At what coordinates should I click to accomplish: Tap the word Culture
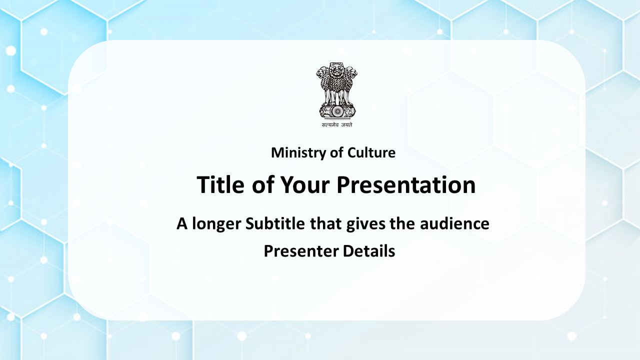click(371, 152)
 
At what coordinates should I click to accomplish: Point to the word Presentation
click(406, 185)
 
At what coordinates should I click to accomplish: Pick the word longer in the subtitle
click(216, 223)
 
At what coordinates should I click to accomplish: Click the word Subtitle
click(275, 223)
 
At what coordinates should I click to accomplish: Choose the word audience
click(454, 223)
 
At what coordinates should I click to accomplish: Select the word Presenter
click(301, 251)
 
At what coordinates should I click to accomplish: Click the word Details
click(369, 251)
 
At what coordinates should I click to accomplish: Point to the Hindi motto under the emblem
click(337, 125)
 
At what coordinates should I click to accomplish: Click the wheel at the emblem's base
click(337, 111)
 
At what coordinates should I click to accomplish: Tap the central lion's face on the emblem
click(336, 70)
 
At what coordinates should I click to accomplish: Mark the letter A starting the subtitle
click(182, 223)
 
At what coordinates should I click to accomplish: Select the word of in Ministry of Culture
click(336, 152)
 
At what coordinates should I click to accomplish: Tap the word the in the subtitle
click(402, 223)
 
